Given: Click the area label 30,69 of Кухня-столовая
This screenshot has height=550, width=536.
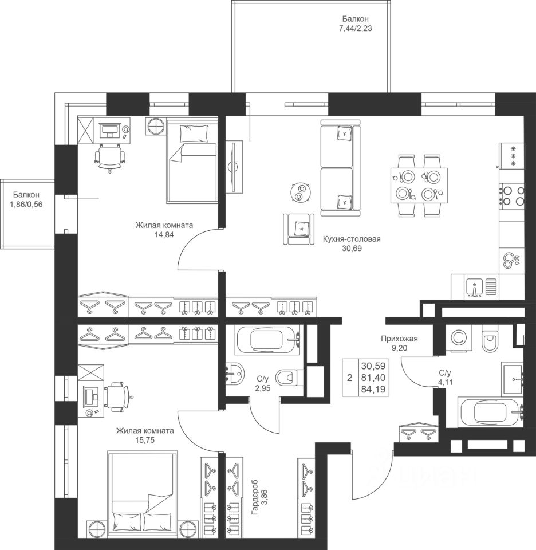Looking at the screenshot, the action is (x=352, y=248).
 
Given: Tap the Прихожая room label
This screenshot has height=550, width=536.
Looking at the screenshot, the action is (x=399, y=339).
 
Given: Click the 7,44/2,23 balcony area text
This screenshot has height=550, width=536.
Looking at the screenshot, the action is (x=355, y=29).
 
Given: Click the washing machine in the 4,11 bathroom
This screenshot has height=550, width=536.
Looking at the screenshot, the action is (x=458, y=338).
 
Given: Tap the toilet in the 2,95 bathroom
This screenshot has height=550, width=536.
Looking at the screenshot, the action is (x=289, y=378).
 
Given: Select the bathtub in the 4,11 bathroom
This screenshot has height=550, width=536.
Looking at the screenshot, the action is (x=491, y=412).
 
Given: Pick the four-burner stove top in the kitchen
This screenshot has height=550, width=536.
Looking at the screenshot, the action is (x=512, y=196).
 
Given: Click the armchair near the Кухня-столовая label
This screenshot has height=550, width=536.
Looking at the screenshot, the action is (x=299, y=229).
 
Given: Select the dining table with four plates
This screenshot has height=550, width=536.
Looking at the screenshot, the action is (x=419, y=185).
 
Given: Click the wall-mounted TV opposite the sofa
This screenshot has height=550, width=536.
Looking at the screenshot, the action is (x=234, y=166).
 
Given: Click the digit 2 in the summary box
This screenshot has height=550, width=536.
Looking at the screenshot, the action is (x=349, y=378).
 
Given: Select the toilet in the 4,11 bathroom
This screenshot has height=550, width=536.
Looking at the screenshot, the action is (x=488, y=339).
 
